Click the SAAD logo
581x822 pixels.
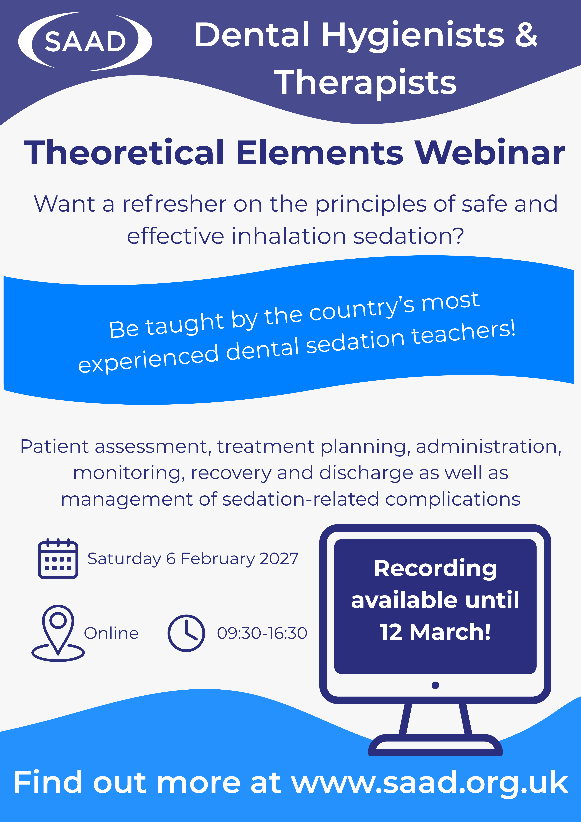(x=85, y=41)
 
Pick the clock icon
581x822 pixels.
(x=186, y=633)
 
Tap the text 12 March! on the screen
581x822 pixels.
(x=435, y=632)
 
